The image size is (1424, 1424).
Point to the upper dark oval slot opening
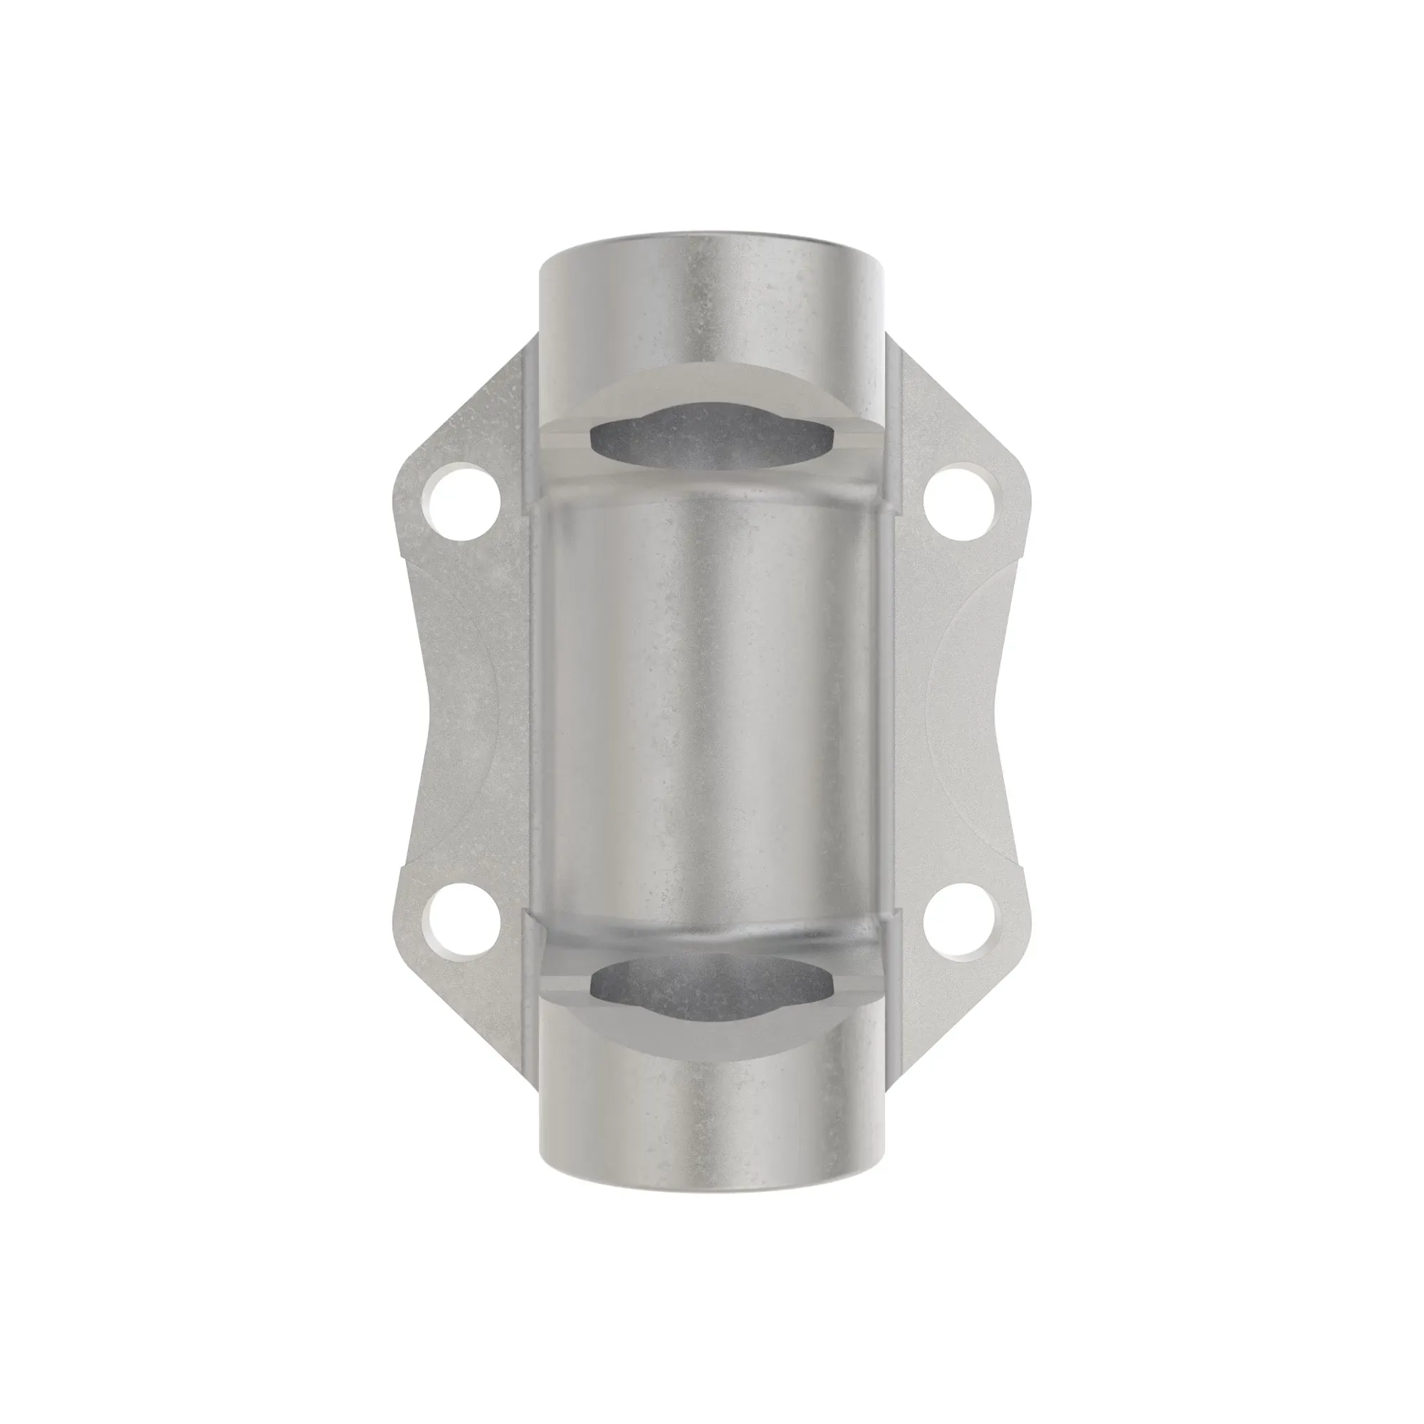[x=712, y=438]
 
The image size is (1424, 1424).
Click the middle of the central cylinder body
[x=712, y=712]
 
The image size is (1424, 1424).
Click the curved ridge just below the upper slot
[x=712, y=483]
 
